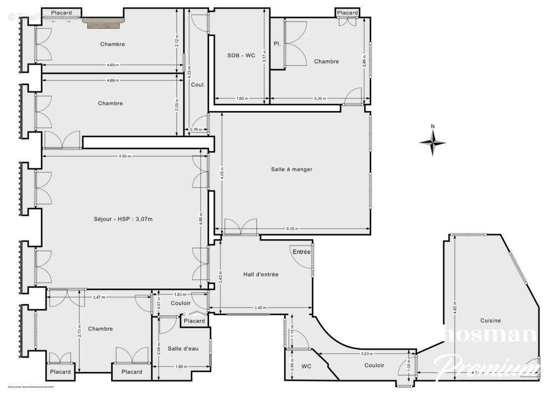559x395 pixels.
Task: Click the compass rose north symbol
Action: point(432,142)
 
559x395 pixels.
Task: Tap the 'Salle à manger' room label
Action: point(292,169)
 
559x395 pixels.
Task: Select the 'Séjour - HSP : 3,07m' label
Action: point(123,219)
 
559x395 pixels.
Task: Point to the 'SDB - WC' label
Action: point(241,56)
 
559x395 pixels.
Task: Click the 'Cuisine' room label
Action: point(490,320)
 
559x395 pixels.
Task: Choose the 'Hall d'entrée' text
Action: point(261,274)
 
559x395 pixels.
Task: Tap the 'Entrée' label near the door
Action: point(301,252)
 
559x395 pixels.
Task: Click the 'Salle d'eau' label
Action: point(183,349)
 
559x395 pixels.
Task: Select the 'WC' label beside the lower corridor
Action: point(306,366)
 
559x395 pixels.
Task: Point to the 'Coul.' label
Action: point(198,84)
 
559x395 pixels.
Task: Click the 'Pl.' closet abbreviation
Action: point(277,44)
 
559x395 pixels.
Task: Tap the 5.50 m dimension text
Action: point(125,156)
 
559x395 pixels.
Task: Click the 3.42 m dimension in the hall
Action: point(261,308)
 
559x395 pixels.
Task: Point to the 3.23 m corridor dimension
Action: point(367,354)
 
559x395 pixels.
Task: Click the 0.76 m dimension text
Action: point(196,129)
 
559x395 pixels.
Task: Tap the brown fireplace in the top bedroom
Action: point(105,23)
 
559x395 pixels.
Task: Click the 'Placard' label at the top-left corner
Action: point(61,12)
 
